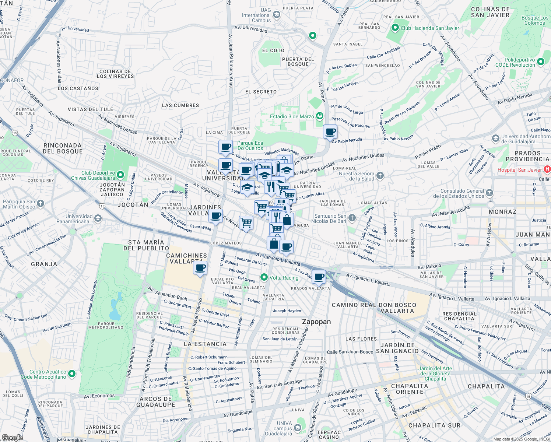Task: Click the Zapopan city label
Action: click(316, 322)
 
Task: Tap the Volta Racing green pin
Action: click(264, 277)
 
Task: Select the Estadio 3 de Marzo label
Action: click(292, 116)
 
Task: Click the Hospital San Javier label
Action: click(519, 170)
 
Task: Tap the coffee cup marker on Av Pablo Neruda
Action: click(330, 132)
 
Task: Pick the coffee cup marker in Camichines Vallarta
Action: click(200, 268)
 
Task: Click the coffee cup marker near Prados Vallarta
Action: click(319, 277)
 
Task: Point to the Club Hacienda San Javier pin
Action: click(395, 28)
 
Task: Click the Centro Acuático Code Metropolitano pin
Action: click(72, 374)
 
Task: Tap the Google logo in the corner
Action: click(12, 437)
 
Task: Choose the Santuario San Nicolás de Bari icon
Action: click(352, 218)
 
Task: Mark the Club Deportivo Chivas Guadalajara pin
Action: click(120, 175)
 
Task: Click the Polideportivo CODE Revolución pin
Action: click(540, 62)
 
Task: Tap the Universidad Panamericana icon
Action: click(98, 219)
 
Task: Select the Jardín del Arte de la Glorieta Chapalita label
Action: click(435, 373)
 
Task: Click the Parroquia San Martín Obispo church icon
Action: click(41, 203)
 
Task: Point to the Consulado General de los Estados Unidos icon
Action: click(489, 193)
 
